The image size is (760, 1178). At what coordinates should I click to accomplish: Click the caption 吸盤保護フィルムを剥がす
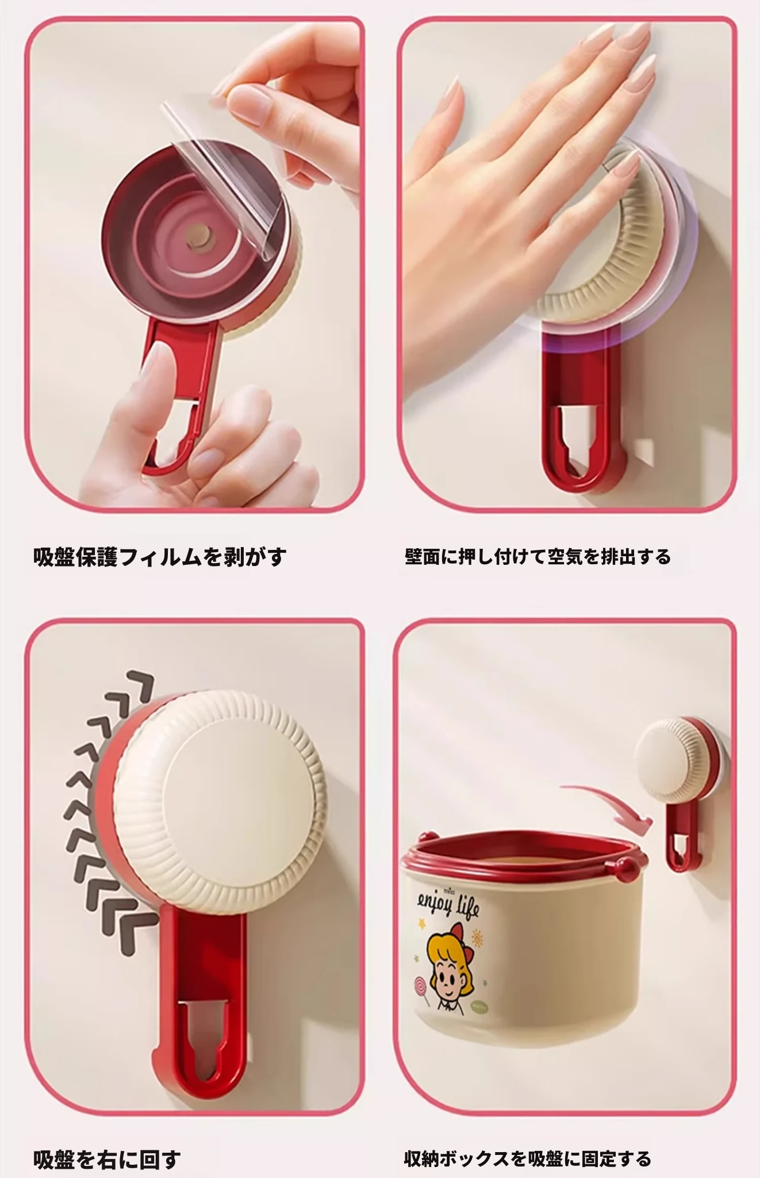160,556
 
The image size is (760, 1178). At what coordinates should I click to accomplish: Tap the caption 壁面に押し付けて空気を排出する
538,556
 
